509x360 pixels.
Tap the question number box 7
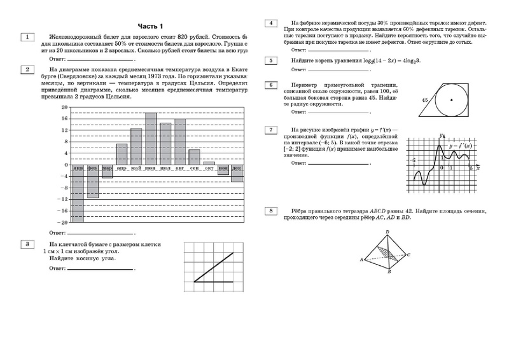click(272, 130)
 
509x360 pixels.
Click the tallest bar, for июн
click(151, 139)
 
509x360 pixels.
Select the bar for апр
click(122, 154)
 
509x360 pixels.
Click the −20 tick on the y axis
click(62, 223)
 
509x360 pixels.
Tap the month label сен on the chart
click(194, 168)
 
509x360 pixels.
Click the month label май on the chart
click(136, 168)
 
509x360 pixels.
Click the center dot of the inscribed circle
click(451, 100)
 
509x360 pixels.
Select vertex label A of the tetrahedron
click(361, 260)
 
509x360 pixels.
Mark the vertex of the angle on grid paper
click(194, 280)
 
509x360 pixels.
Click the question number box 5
click(272, 60)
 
